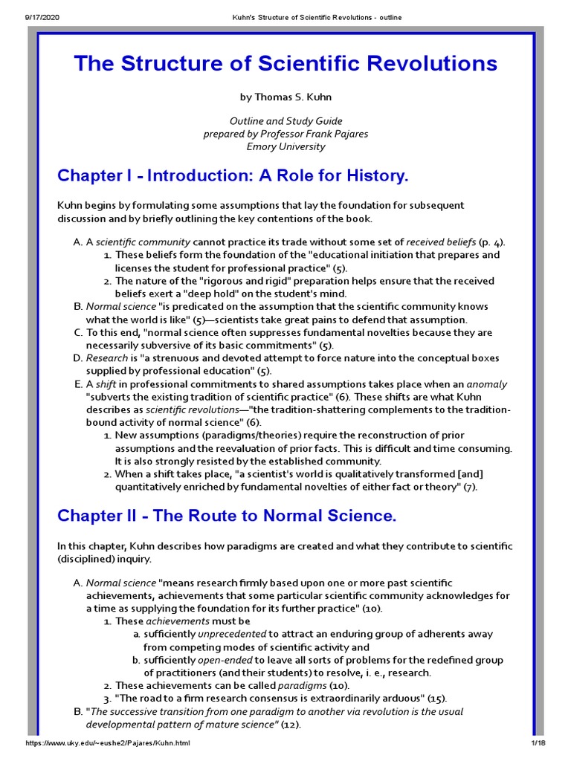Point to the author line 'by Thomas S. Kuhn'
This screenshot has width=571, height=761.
(285, 97)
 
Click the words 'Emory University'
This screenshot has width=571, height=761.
(285, 146)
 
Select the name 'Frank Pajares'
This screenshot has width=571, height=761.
(336, 134)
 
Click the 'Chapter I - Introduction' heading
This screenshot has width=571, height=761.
(233, 176)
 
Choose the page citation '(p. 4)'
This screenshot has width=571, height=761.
(491, 242)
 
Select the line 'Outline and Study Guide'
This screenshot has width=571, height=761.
(285, 121)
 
